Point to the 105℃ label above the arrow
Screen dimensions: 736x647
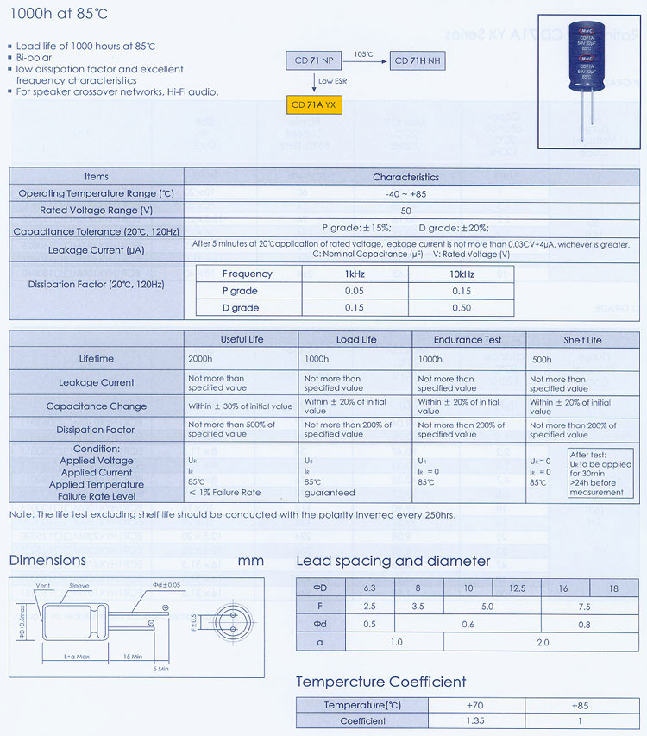[x=364, y=54]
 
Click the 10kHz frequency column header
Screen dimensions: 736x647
[x=461, y=274]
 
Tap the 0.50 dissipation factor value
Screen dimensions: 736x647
[x=461, y=308]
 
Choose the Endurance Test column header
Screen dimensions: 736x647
[x=468, y=339]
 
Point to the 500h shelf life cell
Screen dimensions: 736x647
[x=542, y=359]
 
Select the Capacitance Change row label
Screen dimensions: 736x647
[x=97, y=406]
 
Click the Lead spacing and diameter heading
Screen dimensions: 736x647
[x=393, y=562]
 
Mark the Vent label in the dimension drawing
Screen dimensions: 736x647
[x=44, y=586]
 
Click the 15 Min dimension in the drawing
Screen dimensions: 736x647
[x=131, y=656]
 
